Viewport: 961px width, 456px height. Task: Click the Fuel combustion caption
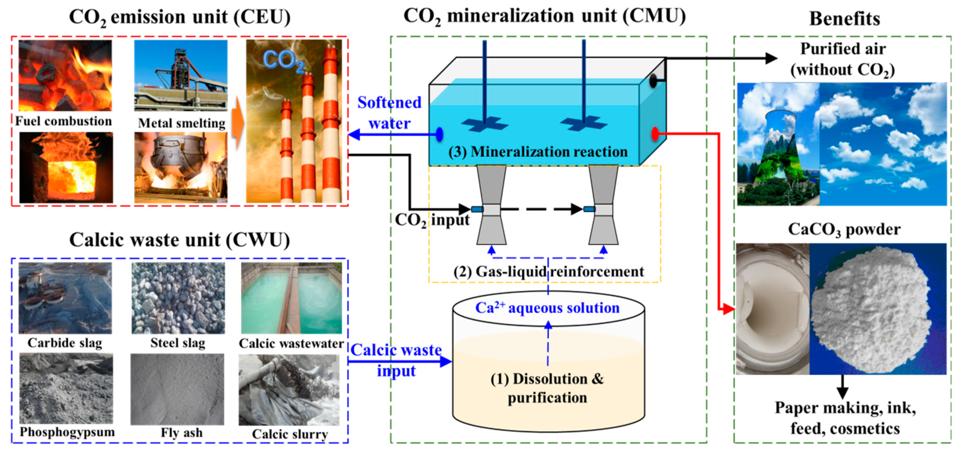pyautogui.click(x=64, y=121)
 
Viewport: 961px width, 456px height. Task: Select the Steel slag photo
pyautogui.click(x=178, y=298)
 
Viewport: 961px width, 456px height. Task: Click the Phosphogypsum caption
pyautogui.click(x=67, y=432)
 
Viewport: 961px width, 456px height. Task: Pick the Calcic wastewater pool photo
pyautogui.click(x=291, y=298)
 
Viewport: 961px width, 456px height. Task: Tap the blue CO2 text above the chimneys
pyautogui.click(x=284, y=61)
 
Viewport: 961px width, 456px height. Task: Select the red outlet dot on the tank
pyautogui.click(x=655, y=134)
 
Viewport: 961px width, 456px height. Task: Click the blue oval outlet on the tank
pyautogui.click(x=440, y=134)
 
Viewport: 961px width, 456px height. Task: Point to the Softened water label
pyautogui.click(x=389, y=113)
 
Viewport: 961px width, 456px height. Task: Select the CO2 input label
pyautogui.click(x=432, y=220)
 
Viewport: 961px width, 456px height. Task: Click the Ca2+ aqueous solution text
pyautogui.click(x=547, y=308)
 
